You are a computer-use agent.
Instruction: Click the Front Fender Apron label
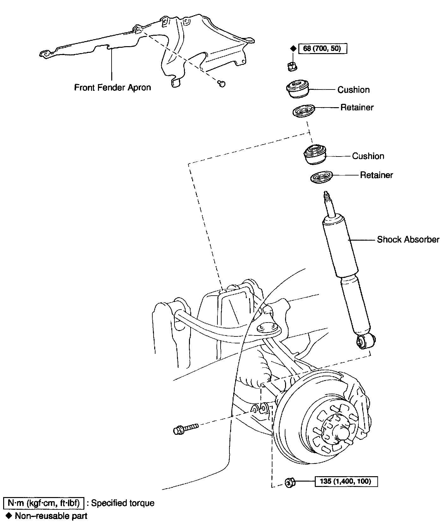(x=112, y=87)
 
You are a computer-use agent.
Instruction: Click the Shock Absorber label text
(x=408, y=239)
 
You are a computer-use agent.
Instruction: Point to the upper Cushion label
(x=353, y=90)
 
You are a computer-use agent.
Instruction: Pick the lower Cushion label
(x=368, y=156)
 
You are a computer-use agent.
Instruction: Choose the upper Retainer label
(x=357, y=108)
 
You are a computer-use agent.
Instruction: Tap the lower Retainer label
(x=376, y=175)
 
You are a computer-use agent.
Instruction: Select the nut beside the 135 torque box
(x=290, y=483)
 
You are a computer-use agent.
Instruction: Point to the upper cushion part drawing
(x=297, y=89)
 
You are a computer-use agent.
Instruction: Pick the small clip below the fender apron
(x=222, y=83)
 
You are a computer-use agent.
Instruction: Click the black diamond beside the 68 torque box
(x=293, y=48)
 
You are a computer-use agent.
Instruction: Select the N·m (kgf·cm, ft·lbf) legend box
(x=43, y=503)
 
